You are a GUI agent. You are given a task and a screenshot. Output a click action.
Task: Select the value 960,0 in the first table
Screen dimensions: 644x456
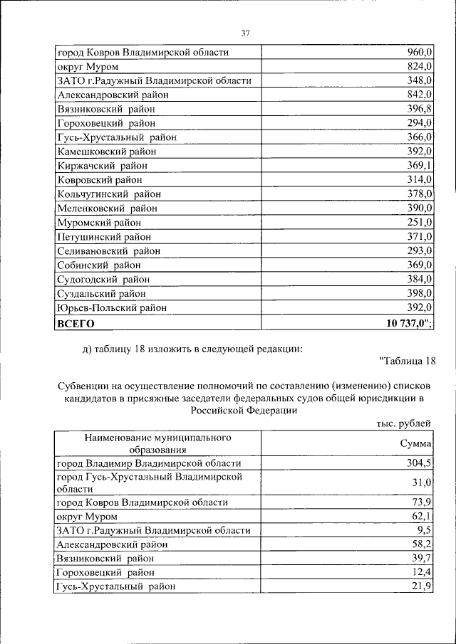pyautogui.click(x=420, y=53)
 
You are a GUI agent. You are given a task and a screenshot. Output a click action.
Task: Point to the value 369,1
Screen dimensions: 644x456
pyautogui.click(x=420, y=166)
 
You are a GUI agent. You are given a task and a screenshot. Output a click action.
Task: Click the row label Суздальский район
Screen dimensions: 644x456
pyautogui.click(x=101, y=293)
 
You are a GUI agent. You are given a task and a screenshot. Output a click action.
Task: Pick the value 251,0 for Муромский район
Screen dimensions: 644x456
pyautogui.click(x=420, y=223)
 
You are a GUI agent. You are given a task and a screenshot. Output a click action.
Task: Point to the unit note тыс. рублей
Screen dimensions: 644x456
pyautogui.click(x=403, y=423)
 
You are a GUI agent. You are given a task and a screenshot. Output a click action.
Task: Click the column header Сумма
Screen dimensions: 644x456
pyautogui.click(x=416, y=443)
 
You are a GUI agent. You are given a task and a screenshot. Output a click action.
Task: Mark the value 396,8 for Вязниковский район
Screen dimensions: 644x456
pyautogui.click(x=420, y=109)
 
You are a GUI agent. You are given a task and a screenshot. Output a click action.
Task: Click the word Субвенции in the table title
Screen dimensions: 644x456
pyautogui.click(x=82, y=385)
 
